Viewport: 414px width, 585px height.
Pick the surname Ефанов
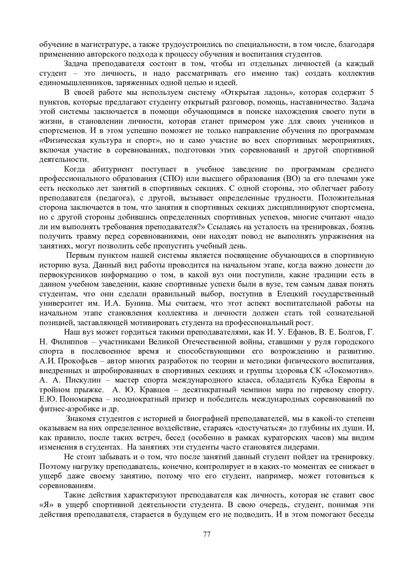click(300, 332)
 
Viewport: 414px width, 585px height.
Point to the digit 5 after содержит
click(371, 92)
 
